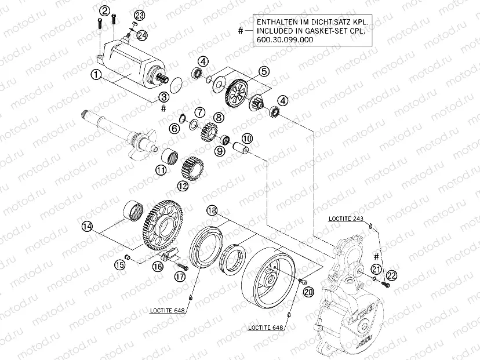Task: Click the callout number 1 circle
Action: [96, 74]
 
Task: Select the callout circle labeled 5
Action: [264, 71]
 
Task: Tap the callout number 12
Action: [183, 187]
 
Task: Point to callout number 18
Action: [212, 211]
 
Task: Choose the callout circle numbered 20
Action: [307, 292]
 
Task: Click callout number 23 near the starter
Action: [140, 14]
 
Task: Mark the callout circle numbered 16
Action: [158, 267]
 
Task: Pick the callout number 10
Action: [247, 139]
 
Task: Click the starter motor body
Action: [130, 61]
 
